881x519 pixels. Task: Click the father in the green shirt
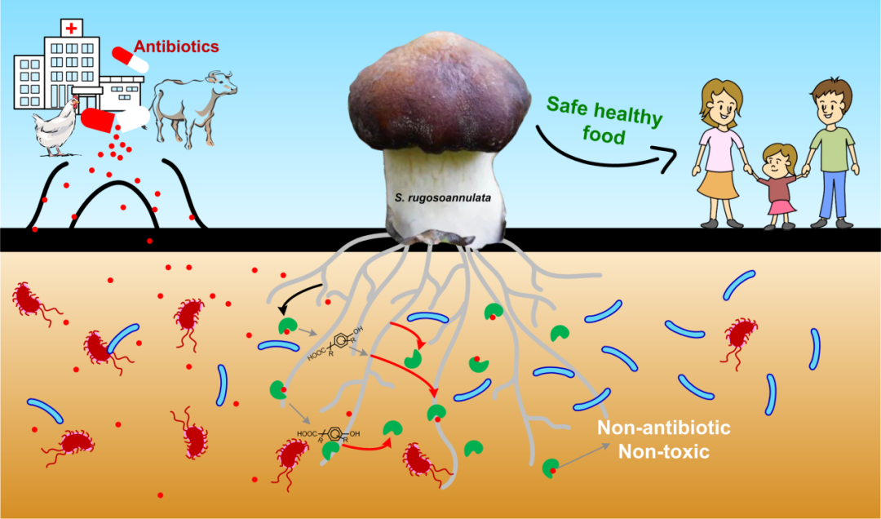(x=832, y=147)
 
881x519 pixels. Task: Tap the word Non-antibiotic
(x=664, y=428)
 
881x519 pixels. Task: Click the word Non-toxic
(x=664, y=451)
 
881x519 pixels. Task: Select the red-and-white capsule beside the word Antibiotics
(x=131, y=59)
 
